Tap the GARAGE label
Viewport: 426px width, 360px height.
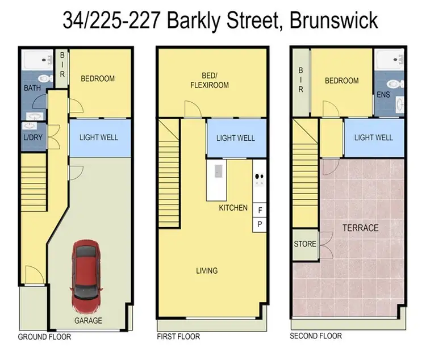click(x=89, y=321)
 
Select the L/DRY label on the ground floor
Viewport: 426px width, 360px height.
click(x=30, y=138)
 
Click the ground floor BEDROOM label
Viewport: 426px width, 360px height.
click(x=97, y=78)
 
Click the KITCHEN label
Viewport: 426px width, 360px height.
click(x=233, y=208)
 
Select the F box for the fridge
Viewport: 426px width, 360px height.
click(x=260, y=211)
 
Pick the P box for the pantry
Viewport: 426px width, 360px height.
click(x=260, y=224)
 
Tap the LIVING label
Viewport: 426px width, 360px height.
click(x=206, y=271)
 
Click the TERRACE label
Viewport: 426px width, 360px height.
click(x=360, y=228)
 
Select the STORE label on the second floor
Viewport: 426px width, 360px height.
click(x=305, y=244)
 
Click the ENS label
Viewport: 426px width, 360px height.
click(x=383, y=94)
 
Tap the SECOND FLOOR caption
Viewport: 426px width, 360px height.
click(x=316, y=336)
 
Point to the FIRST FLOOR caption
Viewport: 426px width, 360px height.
click(x=178, y=337)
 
